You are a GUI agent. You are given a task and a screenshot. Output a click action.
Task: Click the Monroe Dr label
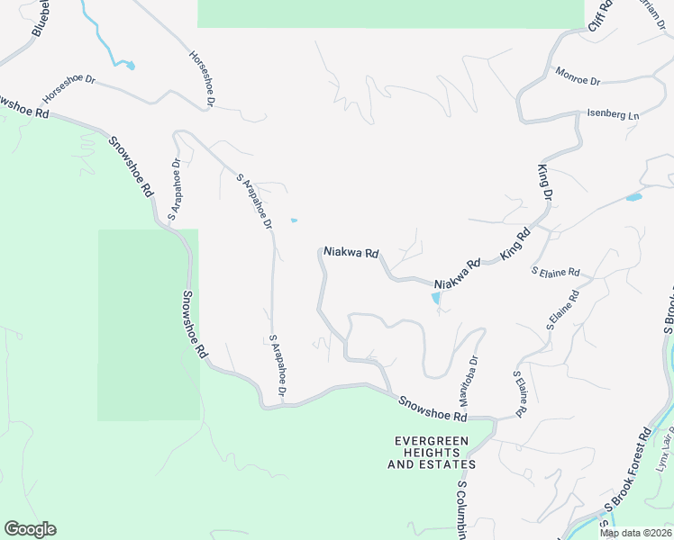point(578,76)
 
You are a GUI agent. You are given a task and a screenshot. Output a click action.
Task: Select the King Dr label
point(544,182)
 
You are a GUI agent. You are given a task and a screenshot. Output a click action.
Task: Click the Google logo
point(30,529)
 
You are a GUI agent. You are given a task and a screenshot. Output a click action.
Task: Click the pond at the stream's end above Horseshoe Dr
point(130,65)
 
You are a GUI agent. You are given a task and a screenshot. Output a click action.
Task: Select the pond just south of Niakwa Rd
point(436,297)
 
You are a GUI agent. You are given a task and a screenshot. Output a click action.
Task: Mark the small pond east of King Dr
point(633,197)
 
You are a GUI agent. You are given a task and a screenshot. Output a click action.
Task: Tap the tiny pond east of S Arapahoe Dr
point(294,220)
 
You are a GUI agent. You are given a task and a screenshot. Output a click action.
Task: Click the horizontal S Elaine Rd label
point(556,271)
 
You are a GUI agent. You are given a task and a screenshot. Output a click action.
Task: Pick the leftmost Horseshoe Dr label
point(68,86)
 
